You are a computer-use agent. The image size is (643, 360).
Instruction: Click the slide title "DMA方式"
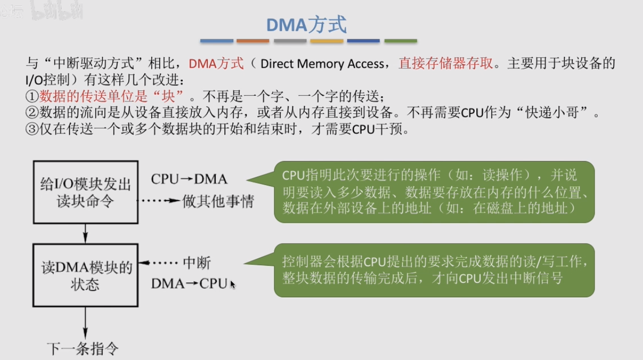(x=307, y=24)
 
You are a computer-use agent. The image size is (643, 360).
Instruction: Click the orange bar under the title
(x=253, y=41)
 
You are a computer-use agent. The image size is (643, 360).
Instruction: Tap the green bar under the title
(x=401, y=41)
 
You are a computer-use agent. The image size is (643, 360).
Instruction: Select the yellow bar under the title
(x=327, y=41)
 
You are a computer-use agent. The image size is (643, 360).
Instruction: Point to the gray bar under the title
(x=290, y=41)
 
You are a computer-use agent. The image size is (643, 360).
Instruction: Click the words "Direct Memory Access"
(x=322, y=64)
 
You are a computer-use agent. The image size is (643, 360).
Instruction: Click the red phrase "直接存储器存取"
(x=446, y=63)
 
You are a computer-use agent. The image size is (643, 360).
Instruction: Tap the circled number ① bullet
(x=32, y=96)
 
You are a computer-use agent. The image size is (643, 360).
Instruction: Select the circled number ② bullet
(x=32, y=113)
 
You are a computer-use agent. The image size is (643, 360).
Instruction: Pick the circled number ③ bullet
(x=32, y=129)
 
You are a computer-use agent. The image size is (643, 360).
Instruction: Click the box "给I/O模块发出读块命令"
(x=86, y=192)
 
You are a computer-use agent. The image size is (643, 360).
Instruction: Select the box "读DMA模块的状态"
(x=86, y=275)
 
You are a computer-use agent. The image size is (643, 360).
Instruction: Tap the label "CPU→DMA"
(x=189, y=179)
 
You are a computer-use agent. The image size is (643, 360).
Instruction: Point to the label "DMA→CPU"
(x=189, y=284)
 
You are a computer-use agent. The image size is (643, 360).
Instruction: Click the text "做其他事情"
(x=218, y=201)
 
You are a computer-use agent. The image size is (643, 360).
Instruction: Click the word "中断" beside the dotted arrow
(x=197, y=263)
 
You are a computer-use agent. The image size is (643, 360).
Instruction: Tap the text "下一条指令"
(x=83, y=349)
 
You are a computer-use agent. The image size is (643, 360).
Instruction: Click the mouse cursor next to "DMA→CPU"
(x=232, y=284)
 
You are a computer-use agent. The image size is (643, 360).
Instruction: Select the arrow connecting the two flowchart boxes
(x=85, y=234)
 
